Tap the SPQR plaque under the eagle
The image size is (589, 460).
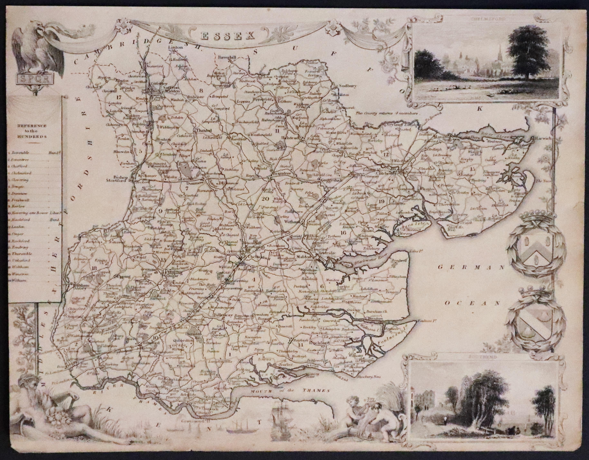click(34, 79)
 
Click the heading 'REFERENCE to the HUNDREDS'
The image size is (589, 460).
click(32, 131)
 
